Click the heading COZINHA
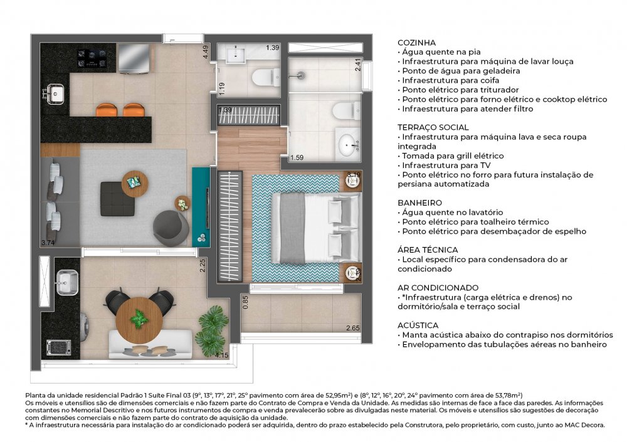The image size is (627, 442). coord(417,43)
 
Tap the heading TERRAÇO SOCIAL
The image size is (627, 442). coord(433,128)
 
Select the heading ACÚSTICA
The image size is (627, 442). coord(418,325)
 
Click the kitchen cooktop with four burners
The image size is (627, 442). coord(92,58)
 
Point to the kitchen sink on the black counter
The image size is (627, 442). coord(55,93)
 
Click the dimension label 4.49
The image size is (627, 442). coord(206,52)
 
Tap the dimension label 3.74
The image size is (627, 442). coord(48,243)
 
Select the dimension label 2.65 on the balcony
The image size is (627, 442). coord(352,328)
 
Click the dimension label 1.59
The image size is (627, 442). coord(297,157)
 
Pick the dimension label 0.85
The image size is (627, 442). coord(246,302)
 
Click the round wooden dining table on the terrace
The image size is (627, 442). coord(139,320)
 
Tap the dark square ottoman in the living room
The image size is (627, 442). coord(117,199)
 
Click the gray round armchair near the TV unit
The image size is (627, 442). coord(171,228)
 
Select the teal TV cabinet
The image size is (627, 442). coord(201,207)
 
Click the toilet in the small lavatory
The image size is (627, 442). coord(266,76)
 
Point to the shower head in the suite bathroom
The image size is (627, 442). coord(302,75)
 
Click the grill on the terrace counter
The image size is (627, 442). coord(59,347)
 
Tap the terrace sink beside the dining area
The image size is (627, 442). coord(67,282)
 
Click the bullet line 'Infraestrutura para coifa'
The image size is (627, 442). coord(449,80)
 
